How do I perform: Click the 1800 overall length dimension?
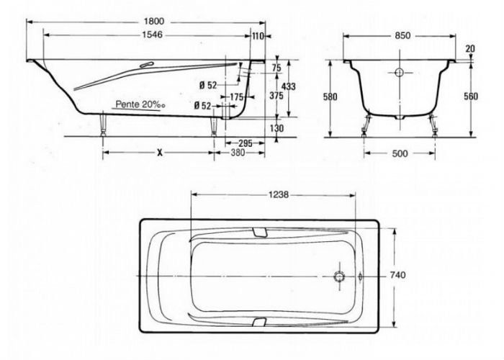(x=154, y=22)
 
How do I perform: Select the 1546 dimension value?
(x=153, y=35)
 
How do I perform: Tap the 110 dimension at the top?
(x=258, y=36)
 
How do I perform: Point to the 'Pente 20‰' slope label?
(x=140, y=104)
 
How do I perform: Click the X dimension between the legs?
(x=160, y=153)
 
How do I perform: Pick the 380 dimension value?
(x=238, y=153)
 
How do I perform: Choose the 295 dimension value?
(x=246, y=143)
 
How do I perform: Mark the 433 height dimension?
(x=288, y=86)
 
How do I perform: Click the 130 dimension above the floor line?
(x=276, y=128)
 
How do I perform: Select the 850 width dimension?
(x=402, y=35)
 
